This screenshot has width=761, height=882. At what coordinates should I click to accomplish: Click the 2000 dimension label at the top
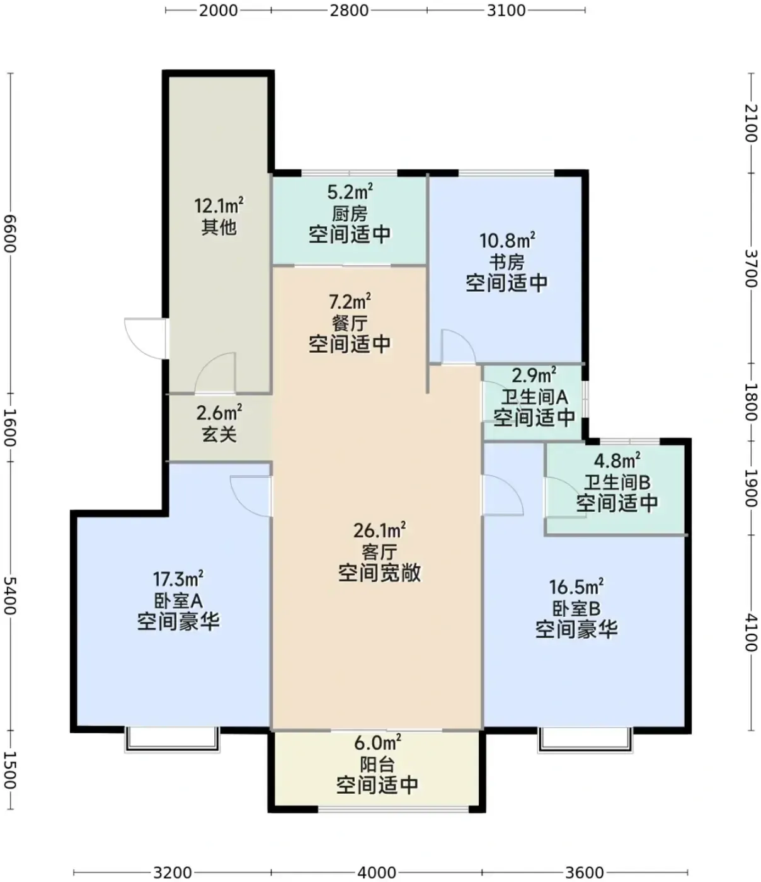tap(218, 10)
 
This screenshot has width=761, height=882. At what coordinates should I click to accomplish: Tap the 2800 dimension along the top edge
tap(349, 10)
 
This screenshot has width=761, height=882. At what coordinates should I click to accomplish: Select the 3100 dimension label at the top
tap(506, 10)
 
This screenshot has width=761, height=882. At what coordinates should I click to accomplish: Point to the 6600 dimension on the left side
tap(10, 233)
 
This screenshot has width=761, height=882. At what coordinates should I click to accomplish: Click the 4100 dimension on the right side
tap(751, 633)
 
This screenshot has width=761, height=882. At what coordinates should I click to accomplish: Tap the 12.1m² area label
tap(219, 205)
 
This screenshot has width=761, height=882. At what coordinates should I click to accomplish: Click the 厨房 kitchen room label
tap(350, 214)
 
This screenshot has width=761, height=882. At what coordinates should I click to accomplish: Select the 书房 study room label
tap(506, 262)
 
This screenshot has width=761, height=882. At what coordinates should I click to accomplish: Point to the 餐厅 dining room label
tap(350, 323)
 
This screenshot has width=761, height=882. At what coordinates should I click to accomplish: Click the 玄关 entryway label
tap(219, 435)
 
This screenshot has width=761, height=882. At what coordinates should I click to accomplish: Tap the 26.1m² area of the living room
tap(379, 530)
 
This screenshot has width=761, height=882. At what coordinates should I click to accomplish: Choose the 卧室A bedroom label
tap(178, 601)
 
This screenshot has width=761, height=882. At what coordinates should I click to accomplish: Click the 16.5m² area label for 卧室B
tap(576, 587)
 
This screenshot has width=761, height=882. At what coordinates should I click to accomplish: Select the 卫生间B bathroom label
tap(617, 482)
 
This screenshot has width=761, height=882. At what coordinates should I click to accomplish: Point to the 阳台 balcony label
tap(377, 764)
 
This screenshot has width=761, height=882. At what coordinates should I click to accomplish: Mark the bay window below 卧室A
tap(172, 739)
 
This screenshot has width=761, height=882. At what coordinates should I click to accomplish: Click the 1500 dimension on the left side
tap(10, 770)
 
